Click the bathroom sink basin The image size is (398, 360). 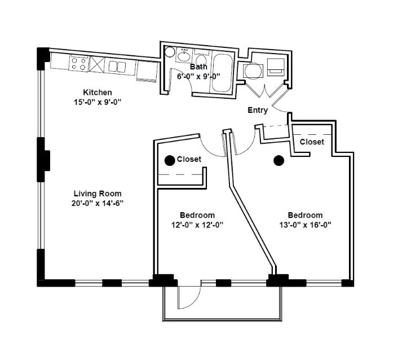coord(184,56)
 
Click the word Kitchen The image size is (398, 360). coord(98,93)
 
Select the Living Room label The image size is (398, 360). coord(98,194)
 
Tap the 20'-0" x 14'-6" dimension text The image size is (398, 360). coord(98,203)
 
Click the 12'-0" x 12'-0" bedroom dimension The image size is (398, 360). coord(197,225)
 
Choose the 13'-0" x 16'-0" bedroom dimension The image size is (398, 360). coord(305,225)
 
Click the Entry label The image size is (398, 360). coord(258,111)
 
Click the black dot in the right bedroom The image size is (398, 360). coord(278,161)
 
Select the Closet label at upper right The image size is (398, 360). coord(312,142)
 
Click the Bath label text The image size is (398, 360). coord(198,67)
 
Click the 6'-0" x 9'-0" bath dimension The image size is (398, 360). coord(198,76)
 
